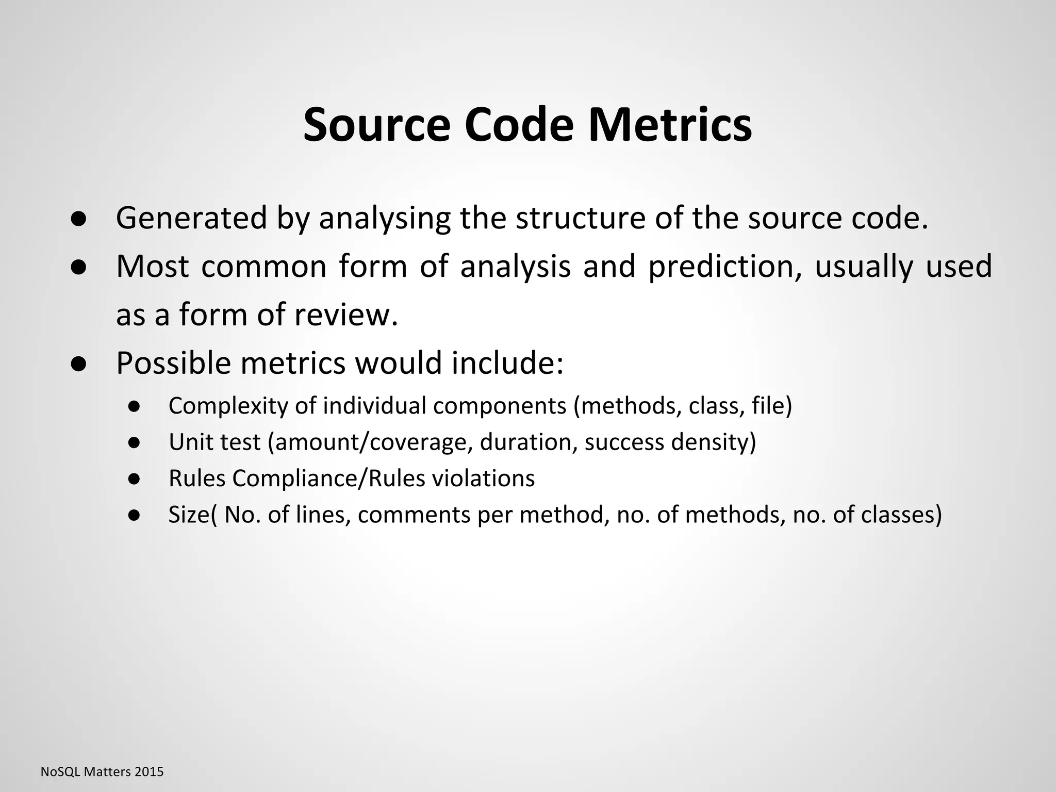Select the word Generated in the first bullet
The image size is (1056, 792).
coord(191,218)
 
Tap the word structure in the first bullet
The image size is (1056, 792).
coord(580,218)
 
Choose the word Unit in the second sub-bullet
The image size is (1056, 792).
coord(185,442)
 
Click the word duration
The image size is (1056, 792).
coord(528,442)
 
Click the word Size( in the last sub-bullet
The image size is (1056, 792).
coord(193,515)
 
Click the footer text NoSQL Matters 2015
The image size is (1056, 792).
coord(102,772)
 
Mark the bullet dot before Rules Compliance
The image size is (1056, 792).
coord(135,479)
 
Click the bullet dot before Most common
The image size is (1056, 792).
coord(78,267)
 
